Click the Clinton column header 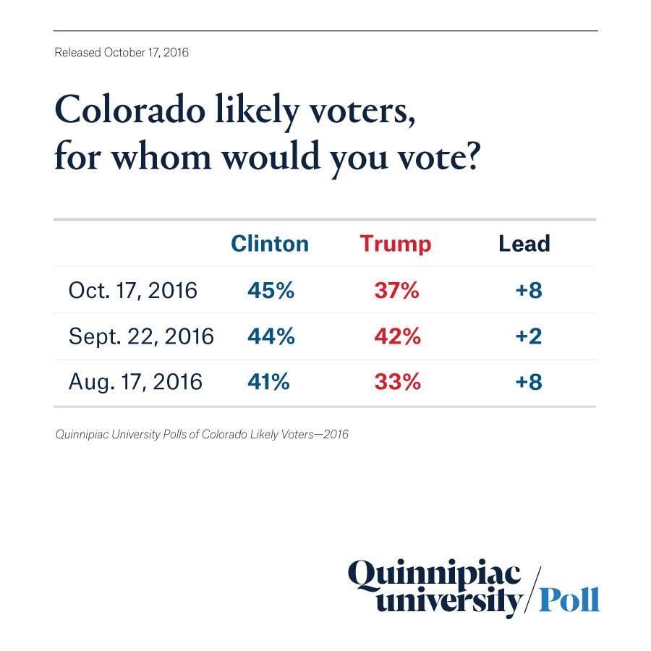(x=270, y=244)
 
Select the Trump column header (x=396, y=244)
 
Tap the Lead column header (x=524, y=244)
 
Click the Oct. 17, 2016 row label (x=132, y=290)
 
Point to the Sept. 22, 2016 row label (x=141, y=336)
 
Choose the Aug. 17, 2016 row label (x=135, y=381)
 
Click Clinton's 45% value (x=271, y=290)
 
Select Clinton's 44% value (x=271, y=336)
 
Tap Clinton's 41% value (x=268, y=381)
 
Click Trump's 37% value (x=396, y=290)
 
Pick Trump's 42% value (x=397, y=336)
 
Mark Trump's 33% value (x=397, y=381)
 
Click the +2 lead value (x=528, y=336)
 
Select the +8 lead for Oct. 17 (x=528, y=290)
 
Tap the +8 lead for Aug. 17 (x=528, y=381)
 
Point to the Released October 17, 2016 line (x=122, y=53)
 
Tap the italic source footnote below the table (x=202, y=435)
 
